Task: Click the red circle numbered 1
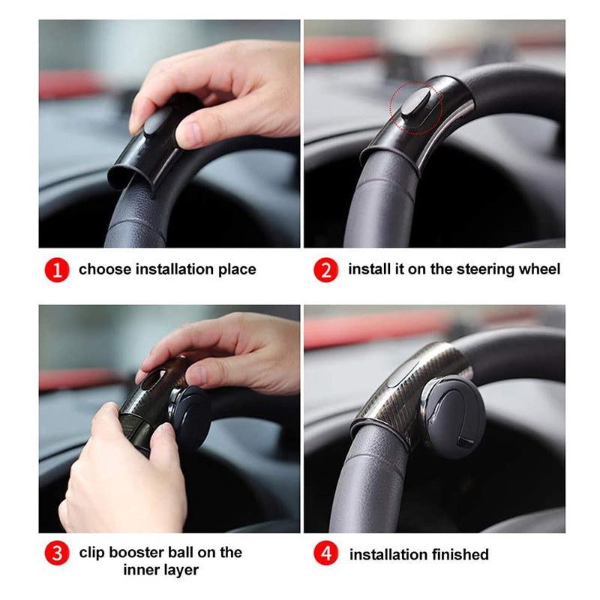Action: click(57, 269)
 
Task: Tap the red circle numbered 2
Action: click(325, 269)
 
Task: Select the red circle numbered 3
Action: click(57, 554)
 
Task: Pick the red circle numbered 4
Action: click(325, 554)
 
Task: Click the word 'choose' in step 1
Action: click(104, 269)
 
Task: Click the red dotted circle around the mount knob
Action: click(417, 106)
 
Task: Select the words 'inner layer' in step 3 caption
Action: click(161, 570)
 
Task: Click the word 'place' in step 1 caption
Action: click(236, 269)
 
